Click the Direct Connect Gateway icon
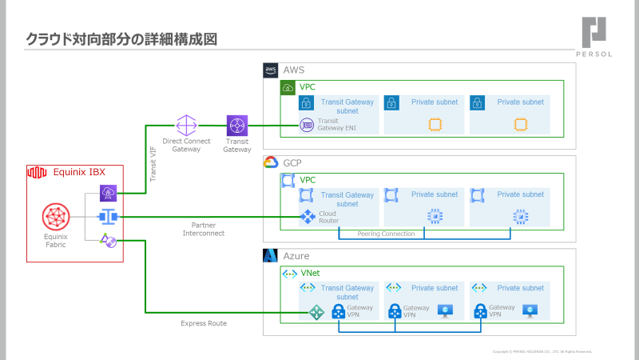click(186, 126)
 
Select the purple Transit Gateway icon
click(237, 126)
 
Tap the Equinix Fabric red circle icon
click(57, 217)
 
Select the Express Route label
click(204, 323)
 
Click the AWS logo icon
click(270, 70)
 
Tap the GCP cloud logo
click(270, 162)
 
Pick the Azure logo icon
click(270, 256)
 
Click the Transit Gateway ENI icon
click(306, 125)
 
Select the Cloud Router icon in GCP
click(307, 217)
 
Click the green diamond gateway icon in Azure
click(317, 312)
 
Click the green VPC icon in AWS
click(288, 87)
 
